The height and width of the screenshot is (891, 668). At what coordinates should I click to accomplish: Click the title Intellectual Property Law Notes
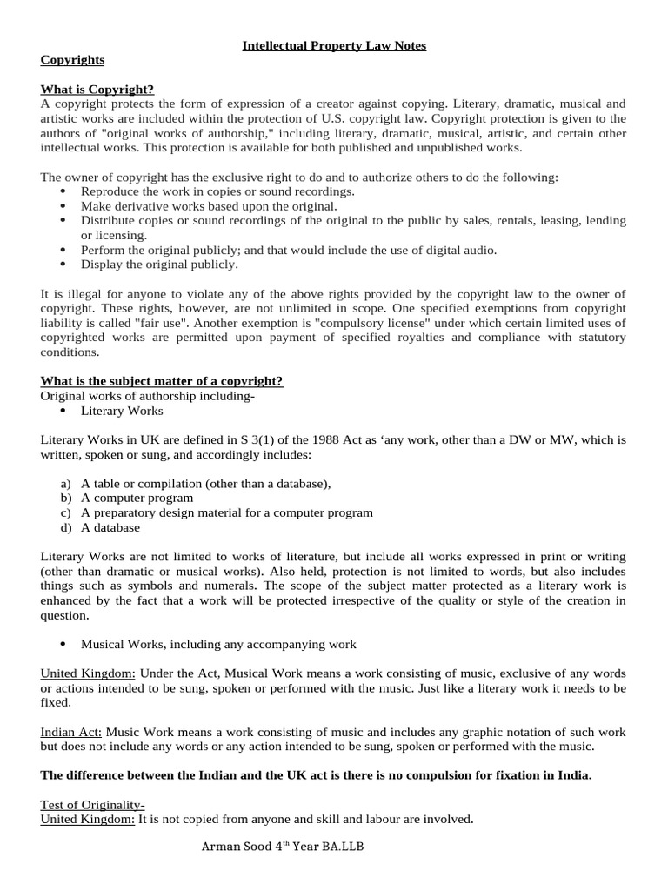tap(334, 45)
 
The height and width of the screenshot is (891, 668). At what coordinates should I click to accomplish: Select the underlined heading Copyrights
tap(72, 60)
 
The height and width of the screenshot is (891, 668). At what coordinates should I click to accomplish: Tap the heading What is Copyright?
tap(97, 89)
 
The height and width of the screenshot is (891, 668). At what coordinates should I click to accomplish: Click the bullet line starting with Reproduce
tap(217, 191)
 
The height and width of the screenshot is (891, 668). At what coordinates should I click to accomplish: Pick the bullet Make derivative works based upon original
tap(209, 206)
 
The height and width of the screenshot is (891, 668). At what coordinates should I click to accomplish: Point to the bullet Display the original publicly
tap(159, 265)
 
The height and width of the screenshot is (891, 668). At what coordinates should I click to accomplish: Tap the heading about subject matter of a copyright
tap(162, 381)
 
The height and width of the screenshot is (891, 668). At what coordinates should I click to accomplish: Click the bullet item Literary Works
tap(122, 411)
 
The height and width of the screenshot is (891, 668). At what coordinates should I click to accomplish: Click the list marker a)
tap(66, 484)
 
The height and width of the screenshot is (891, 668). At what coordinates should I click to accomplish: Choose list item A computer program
tap(137, 499)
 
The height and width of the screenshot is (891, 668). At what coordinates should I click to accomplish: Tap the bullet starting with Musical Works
tap(217, 644)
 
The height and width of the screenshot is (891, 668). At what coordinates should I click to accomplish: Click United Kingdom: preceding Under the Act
tap(88, 673)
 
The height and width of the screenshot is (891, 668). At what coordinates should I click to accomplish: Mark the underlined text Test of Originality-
tap(93, 805)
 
